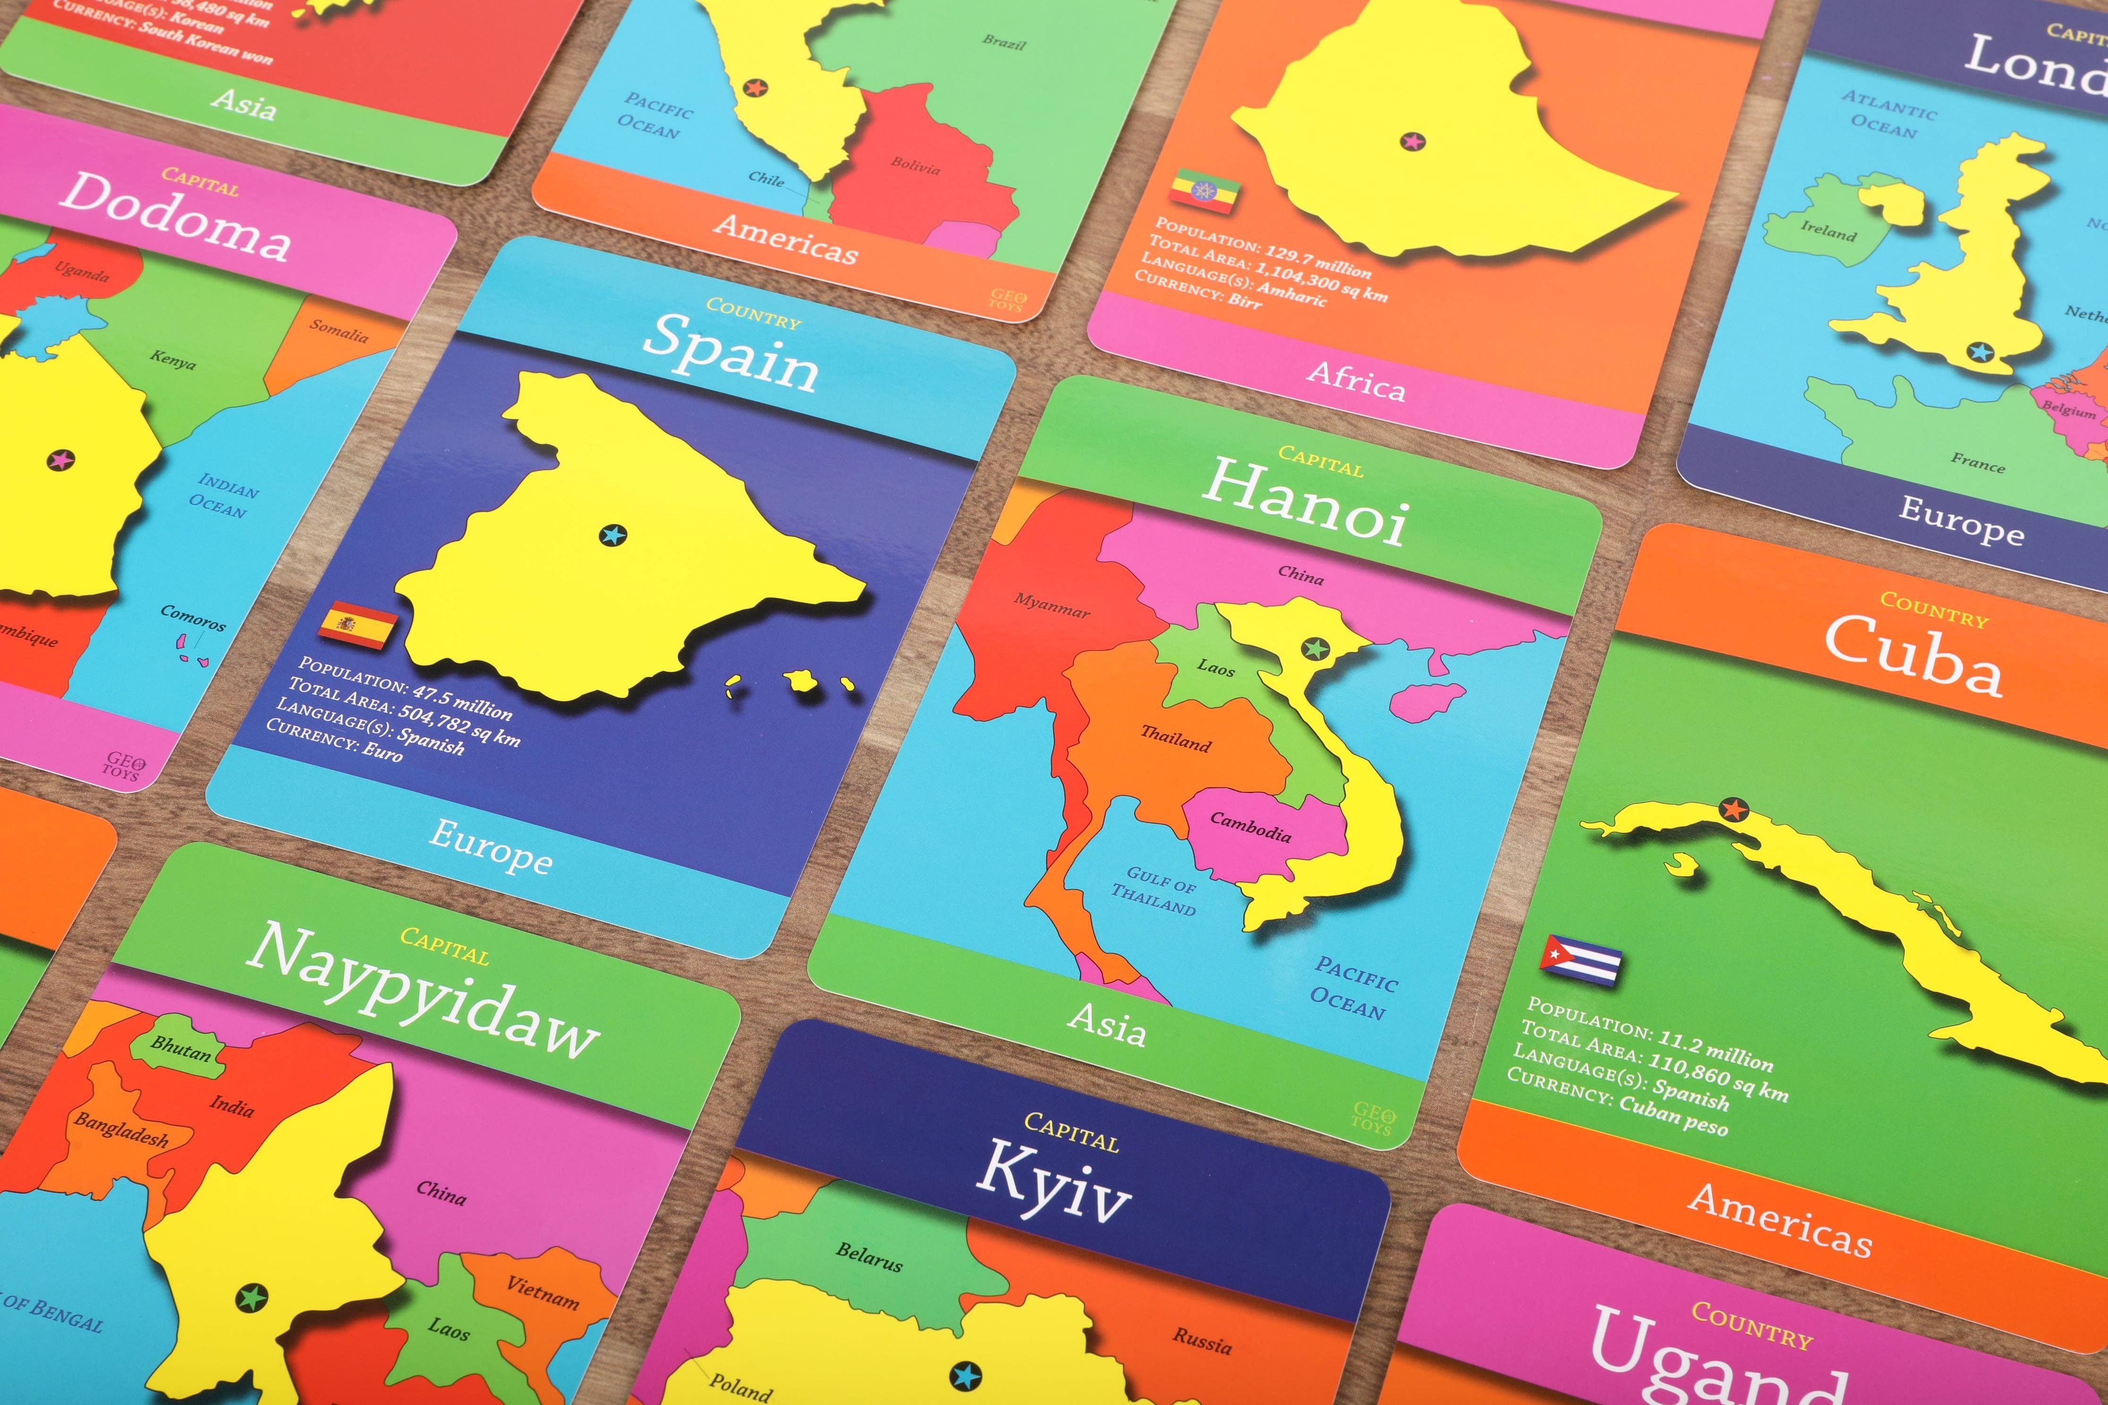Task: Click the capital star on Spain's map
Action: (612, 535)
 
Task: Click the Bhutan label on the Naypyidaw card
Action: (180, 1048)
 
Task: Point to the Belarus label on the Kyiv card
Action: (868, 1256)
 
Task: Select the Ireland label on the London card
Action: (1828, 231)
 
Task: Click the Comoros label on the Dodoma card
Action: (193, 618)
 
